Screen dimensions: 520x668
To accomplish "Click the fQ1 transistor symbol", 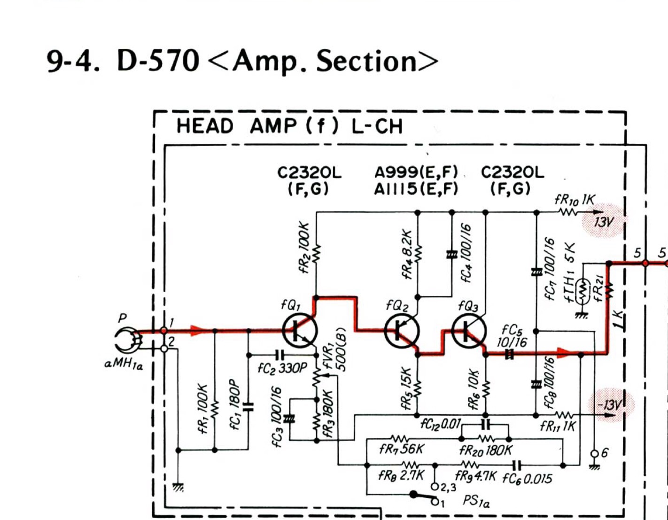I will pos(300,331).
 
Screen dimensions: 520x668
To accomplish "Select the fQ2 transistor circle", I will pos(402,331).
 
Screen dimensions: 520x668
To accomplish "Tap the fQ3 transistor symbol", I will pos(468,331).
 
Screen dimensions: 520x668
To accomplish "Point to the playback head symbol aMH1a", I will pos(126,340).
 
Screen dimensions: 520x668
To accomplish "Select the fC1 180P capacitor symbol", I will pos(249,407).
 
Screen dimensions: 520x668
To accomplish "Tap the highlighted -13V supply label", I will pos(610,404).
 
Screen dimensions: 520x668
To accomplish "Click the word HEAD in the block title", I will pos(205,126).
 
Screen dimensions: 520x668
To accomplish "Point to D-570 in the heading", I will pos(158,61).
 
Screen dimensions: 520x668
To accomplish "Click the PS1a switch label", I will pos(476,501).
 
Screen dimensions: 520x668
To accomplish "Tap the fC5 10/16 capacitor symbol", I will pos(509,355).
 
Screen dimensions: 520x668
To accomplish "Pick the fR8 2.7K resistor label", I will pos(401,475).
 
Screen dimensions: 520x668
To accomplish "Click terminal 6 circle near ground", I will pos(594,454).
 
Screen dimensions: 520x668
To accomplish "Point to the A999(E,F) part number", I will pos(416,172).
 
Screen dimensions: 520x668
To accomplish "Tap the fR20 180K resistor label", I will pos(486,450).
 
